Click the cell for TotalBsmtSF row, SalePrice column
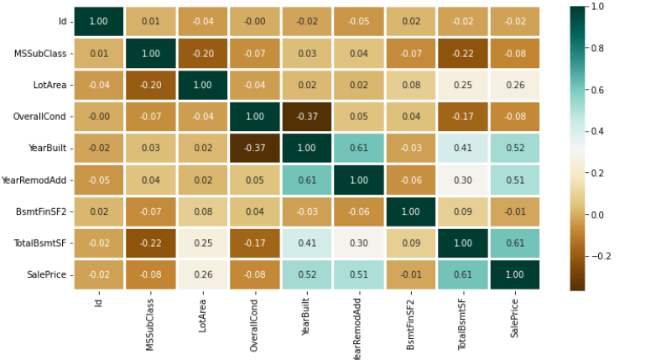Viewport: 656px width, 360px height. pos(515,243)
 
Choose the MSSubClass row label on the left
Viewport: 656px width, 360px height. pos(42,53)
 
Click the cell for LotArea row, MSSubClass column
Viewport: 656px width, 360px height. pos(152,85)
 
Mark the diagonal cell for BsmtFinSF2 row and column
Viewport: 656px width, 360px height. pos(412,211)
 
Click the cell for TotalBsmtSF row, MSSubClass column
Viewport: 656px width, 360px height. pos(152,243)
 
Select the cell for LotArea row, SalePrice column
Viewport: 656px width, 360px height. pos(515,85)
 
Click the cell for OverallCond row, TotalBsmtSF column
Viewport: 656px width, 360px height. pos(463,117)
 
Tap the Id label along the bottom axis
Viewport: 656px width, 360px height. pos(100,300)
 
